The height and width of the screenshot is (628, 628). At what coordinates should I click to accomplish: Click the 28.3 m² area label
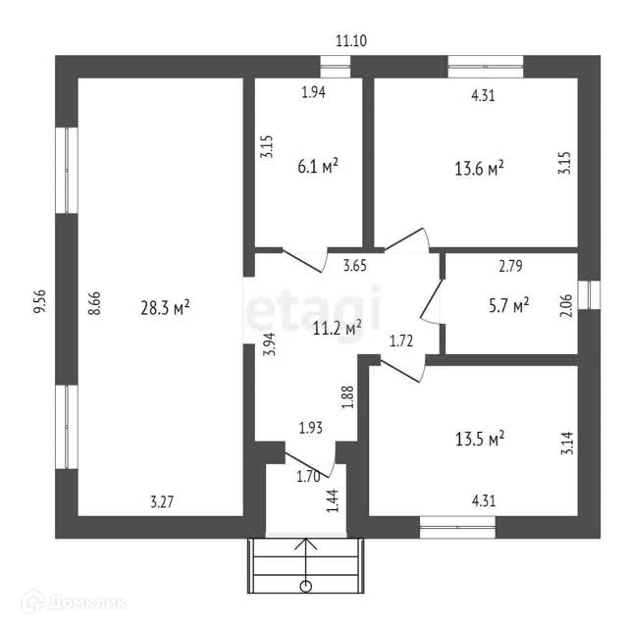pyautogui.click(x=165, y=308)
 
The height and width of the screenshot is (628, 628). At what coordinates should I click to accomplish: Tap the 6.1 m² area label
pyautogui.click(x=318, y=167)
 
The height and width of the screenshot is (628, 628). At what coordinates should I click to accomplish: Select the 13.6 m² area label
pyautogui.click(x=479, y=167)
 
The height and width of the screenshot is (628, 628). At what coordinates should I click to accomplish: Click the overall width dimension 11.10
pyautogui.click(x=352, y=40)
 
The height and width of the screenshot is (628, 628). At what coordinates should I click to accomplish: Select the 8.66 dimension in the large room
pyautogui.click(x=94, y=299)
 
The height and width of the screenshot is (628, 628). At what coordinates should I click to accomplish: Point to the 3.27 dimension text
pyautogui.click(x=163, y=501)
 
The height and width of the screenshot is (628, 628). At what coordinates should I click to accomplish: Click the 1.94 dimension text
pyautogui.click(x=313, y=93)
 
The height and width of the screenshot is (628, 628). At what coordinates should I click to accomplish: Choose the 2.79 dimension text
pyautogui.click(x=511, y=266)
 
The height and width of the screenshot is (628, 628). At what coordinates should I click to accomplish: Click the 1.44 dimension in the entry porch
pyautogui.click(x=333, y=501)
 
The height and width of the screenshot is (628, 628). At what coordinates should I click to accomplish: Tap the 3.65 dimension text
pyautogui.click(x=355, y=264)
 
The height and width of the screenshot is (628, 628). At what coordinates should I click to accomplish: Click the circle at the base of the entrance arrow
pyautogui.click(x=307, y=588)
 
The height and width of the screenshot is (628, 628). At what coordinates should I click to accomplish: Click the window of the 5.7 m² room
pyautogui.click(x=588, y=295)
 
